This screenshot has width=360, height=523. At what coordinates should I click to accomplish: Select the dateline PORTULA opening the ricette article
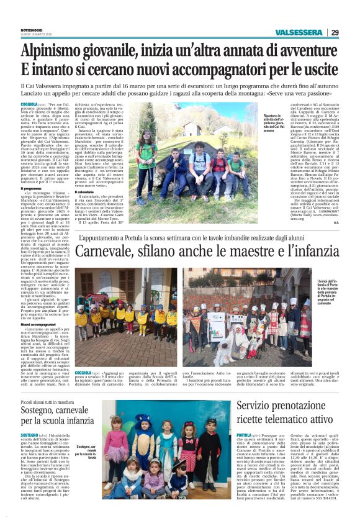pos(244,435)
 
